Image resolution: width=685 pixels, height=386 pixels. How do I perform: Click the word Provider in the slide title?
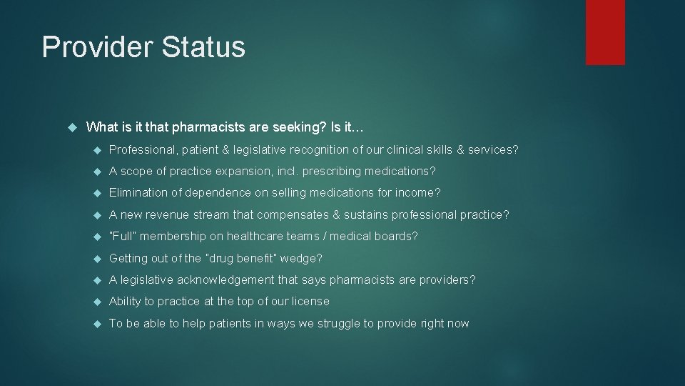coord(98,47)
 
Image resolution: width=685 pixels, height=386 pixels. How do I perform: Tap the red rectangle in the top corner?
coord(605,32)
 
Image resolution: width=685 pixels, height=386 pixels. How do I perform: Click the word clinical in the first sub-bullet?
coord(405,150)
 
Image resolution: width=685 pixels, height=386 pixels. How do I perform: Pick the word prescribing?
coord(335,172)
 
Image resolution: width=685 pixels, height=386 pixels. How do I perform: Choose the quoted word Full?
coord(123,237)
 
